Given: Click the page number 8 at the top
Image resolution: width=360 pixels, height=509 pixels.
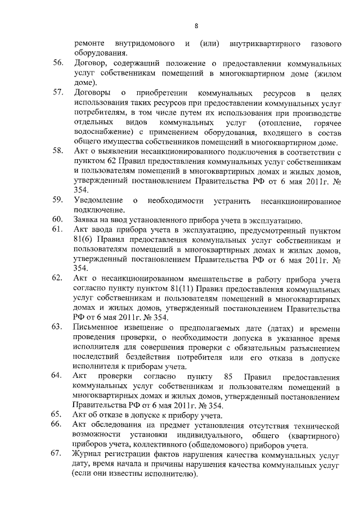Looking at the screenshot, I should [x=196, y=25].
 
